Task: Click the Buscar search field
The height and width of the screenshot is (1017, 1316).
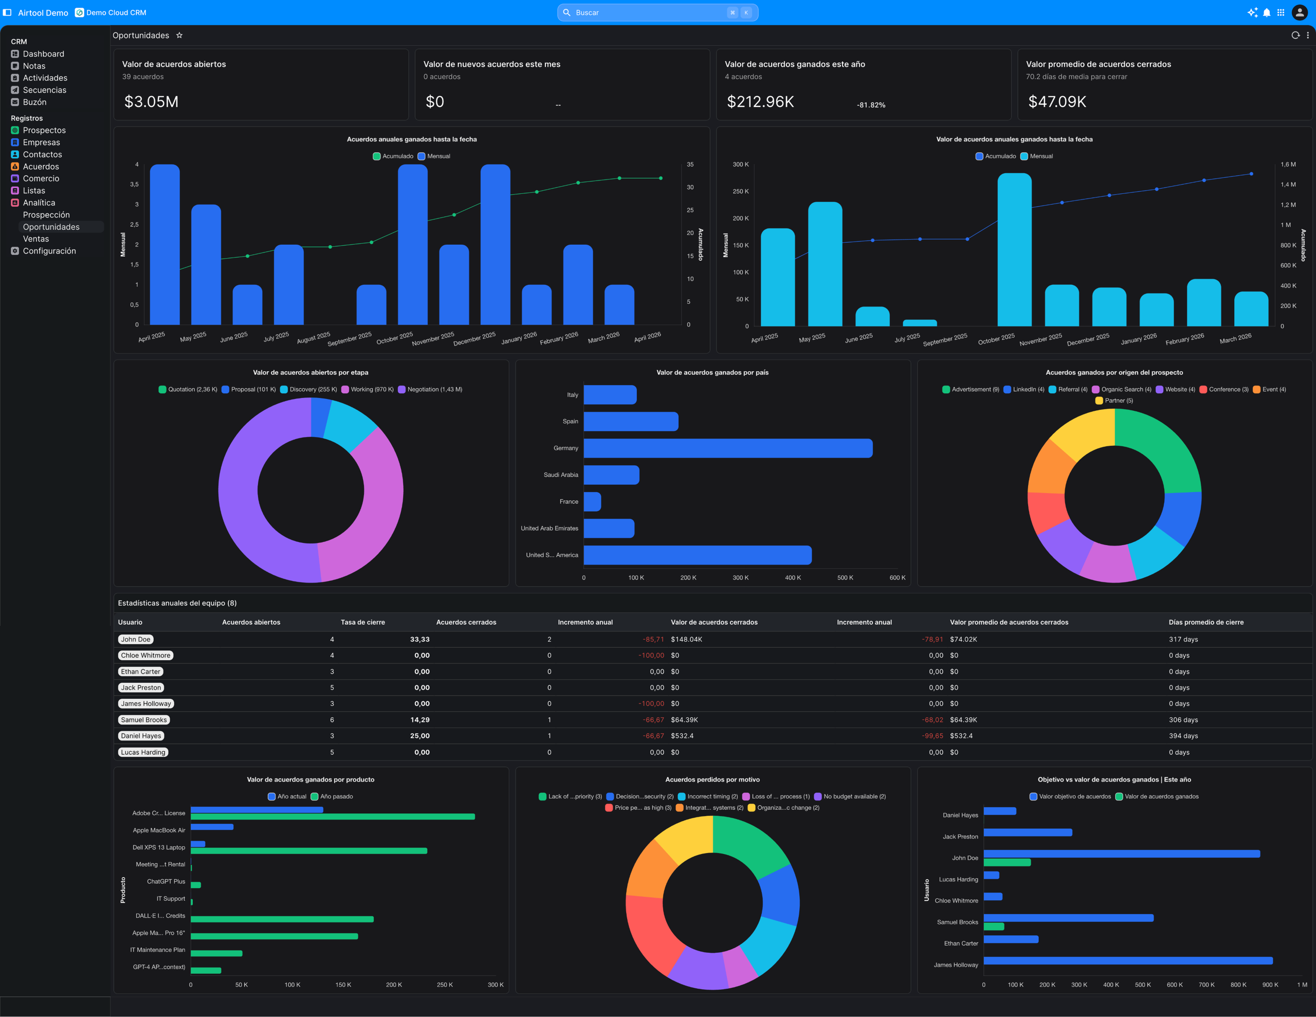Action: pos(648,13)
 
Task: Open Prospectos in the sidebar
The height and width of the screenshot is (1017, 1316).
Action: pos(44,130)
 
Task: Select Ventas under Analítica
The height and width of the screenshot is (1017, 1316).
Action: pos(35,239)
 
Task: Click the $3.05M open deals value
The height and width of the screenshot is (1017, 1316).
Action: pos(151,102)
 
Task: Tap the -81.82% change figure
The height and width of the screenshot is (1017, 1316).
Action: pos(871,105)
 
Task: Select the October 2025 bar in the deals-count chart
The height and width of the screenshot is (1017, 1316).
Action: pos(413,244)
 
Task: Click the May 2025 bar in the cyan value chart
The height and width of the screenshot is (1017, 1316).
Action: pos(825,264)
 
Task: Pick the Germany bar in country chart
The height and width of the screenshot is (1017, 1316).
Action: pos(727,448)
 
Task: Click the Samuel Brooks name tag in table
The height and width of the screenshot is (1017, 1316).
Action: pos(143,720)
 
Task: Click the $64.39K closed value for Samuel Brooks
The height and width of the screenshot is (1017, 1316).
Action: pos(684,720)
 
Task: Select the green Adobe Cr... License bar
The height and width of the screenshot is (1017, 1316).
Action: pos(333,817)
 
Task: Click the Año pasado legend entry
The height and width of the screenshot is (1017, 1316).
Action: pos(336,796)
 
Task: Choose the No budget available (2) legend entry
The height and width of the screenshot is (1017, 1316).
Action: pos(854,796)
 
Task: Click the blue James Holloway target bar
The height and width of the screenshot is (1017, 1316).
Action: pos(1127,960)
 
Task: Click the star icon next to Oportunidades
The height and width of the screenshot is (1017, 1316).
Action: pos(179,35)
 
